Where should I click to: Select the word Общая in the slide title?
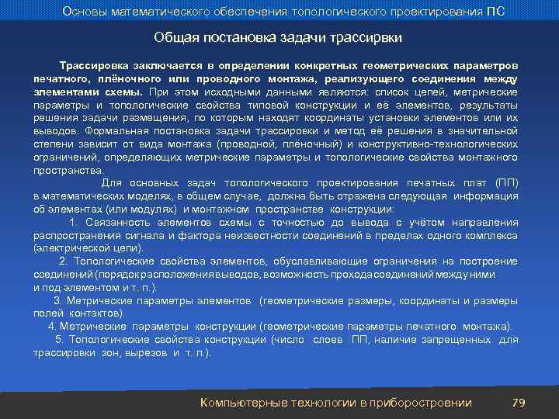(x=174, y=37)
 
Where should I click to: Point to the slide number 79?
(x=519, y=402)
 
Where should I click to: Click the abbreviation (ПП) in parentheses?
(x=506, y=182)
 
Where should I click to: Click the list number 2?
(x=63, y=261)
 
